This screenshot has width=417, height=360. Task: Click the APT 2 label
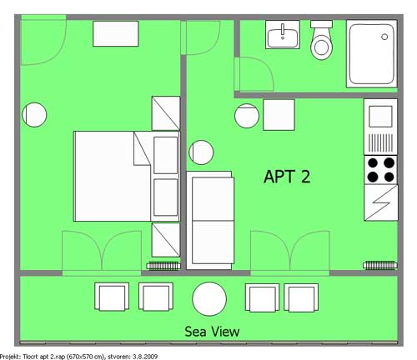click(287, 177)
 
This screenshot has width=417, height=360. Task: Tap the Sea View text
click(212, 332)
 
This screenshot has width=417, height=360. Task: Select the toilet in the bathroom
click(321, 40)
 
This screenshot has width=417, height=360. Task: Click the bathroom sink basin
click(283, 34)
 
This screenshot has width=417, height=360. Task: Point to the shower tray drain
click(384, 37)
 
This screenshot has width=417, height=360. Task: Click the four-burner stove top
click(380, 169)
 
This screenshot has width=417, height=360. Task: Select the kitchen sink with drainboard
click(380, 127)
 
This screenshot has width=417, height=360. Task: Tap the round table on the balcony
click(209, 299)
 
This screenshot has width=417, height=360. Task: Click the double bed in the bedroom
click(127, 177)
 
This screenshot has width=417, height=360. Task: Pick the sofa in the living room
click(210, 221)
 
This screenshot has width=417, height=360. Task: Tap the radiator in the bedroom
click(163, 266)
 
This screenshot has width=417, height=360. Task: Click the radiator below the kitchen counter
click(380, 265)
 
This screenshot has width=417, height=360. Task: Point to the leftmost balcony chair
click(112, 297)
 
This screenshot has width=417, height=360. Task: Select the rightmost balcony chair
click(301, 297)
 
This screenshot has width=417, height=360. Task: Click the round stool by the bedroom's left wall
click(34, 115)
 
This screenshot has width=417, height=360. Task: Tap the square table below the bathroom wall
click(279, 115)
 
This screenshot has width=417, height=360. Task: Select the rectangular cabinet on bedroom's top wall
click(116, 33)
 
